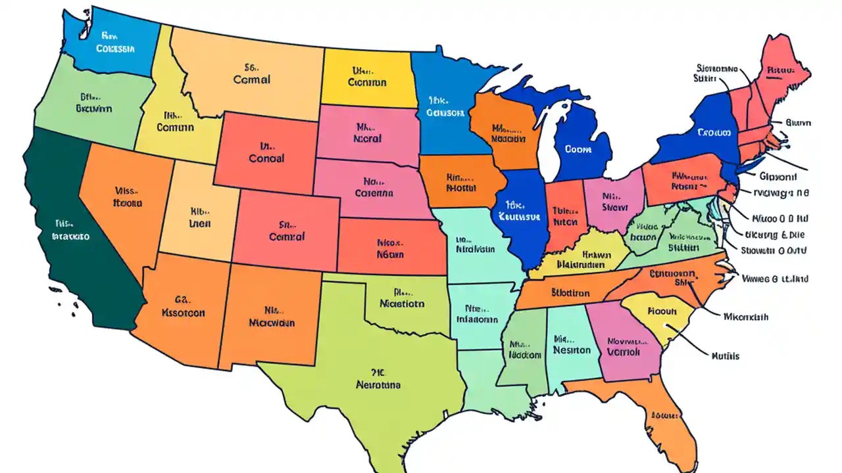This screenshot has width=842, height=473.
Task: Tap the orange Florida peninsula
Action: [x=664, y=414]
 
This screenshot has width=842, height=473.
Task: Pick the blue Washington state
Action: [x=115, y=43]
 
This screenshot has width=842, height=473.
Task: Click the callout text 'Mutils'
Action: [x=725, y=356]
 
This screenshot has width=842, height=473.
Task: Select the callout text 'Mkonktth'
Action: [x=745, y=317]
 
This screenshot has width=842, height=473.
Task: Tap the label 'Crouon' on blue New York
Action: [x=714, y=132]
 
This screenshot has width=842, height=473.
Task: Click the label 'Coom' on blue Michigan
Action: [x=579, y=149]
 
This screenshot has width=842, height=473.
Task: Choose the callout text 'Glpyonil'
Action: [x=778, y=177]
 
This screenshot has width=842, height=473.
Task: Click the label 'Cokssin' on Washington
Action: [x=115, y=48]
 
